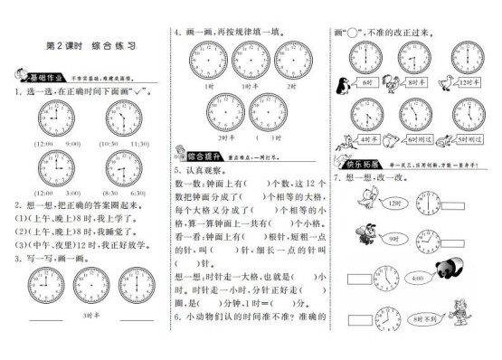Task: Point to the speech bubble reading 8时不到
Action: click(x=421, y=318)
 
